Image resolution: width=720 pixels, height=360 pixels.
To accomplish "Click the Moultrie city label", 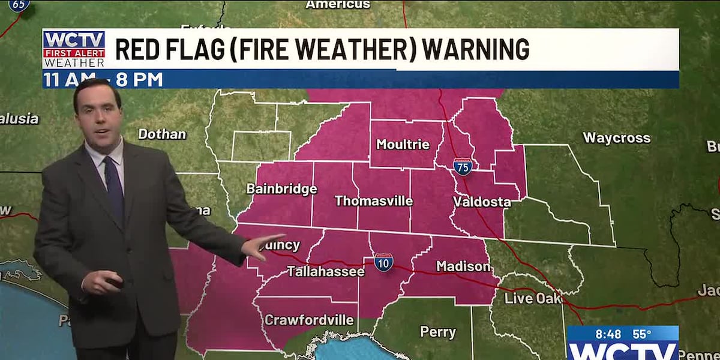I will click(403, 144).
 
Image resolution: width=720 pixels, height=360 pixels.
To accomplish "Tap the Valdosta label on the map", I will click(482, 202).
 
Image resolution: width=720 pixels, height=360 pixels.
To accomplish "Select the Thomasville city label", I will click(373, 201).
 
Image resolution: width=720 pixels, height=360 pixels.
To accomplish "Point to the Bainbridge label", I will click(281, 189).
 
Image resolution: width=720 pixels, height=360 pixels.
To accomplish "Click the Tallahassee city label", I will click(325, 271).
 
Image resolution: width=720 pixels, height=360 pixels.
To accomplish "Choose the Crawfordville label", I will click(308, 320).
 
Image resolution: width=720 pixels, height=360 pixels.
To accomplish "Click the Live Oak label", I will click(533, 298).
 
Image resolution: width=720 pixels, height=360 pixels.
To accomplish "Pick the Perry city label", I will click(437, 332).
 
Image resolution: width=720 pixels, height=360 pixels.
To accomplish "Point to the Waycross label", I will click(616, 138).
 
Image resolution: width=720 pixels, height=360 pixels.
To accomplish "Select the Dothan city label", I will click(162, 134).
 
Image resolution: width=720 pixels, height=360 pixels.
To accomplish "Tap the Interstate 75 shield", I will click(462, 166).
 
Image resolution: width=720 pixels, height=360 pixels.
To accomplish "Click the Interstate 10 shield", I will click(383, 262).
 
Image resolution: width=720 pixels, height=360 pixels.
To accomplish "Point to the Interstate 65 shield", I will click(19, 5).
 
